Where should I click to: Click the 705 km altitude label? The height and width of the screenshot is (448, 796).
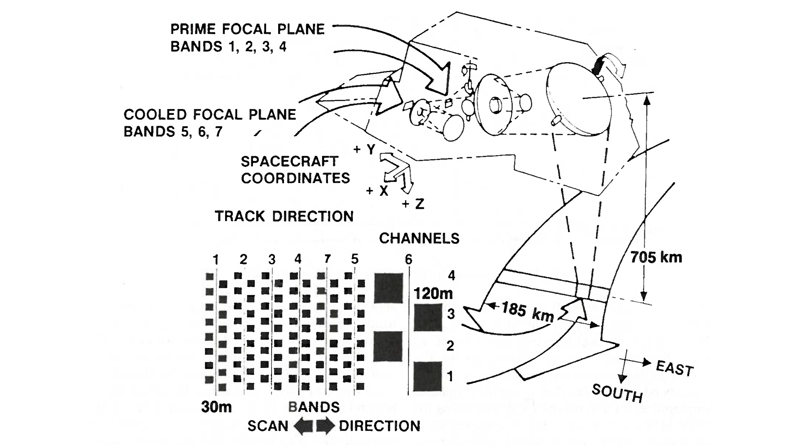pos(656,258)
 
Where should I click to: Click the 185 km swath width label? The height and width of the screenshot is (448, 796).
pos(527,312)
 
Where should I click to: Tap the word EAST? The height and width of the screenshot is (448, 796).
pos(675,368)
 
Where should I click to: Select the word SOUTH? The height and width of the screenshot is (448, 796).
pos(617,393)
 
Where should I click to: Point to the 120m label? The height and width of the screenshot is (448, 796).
pos(433,294)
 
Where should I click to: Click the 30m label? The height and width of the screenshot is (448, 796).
pos(216,407)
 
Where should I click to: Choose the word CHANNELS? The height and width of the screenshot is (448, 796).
pos(419,238)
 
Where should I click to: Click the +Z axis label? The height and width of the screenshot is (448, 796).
pos(413,204)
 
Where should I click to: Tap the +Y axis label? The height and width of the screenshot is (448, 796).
pos(364,149)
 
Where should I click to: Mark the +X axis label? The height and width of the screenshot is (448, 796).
pos(377,191)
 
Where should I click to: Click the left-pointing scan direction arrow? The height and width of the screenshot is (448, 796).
pos(303,426)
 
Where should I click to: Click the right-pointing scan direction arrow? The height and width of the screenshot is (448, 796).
pos(325,426)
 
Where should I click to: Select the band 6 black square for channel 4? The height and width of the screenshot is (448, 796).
pos(388,288)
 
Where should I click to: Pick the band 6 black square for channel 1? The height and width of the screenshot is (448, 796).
pos(428,377)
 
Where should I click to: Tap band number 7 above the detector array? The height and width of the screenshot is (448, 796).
pos(327,259)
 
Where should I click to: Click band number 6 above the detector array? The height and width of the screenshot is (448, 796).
pos(408,260)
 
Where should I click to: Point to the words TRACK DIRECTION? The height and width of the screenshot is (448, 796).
pos(284,216)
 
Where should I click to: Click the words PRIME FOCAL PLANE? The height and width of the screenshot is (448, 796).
pos(248,29)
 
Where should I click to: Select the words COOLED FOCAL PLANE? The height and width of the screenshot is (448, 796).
pos(210,114)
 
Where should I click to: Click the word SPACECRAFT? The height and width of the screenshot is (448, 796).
pos(289,161)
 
